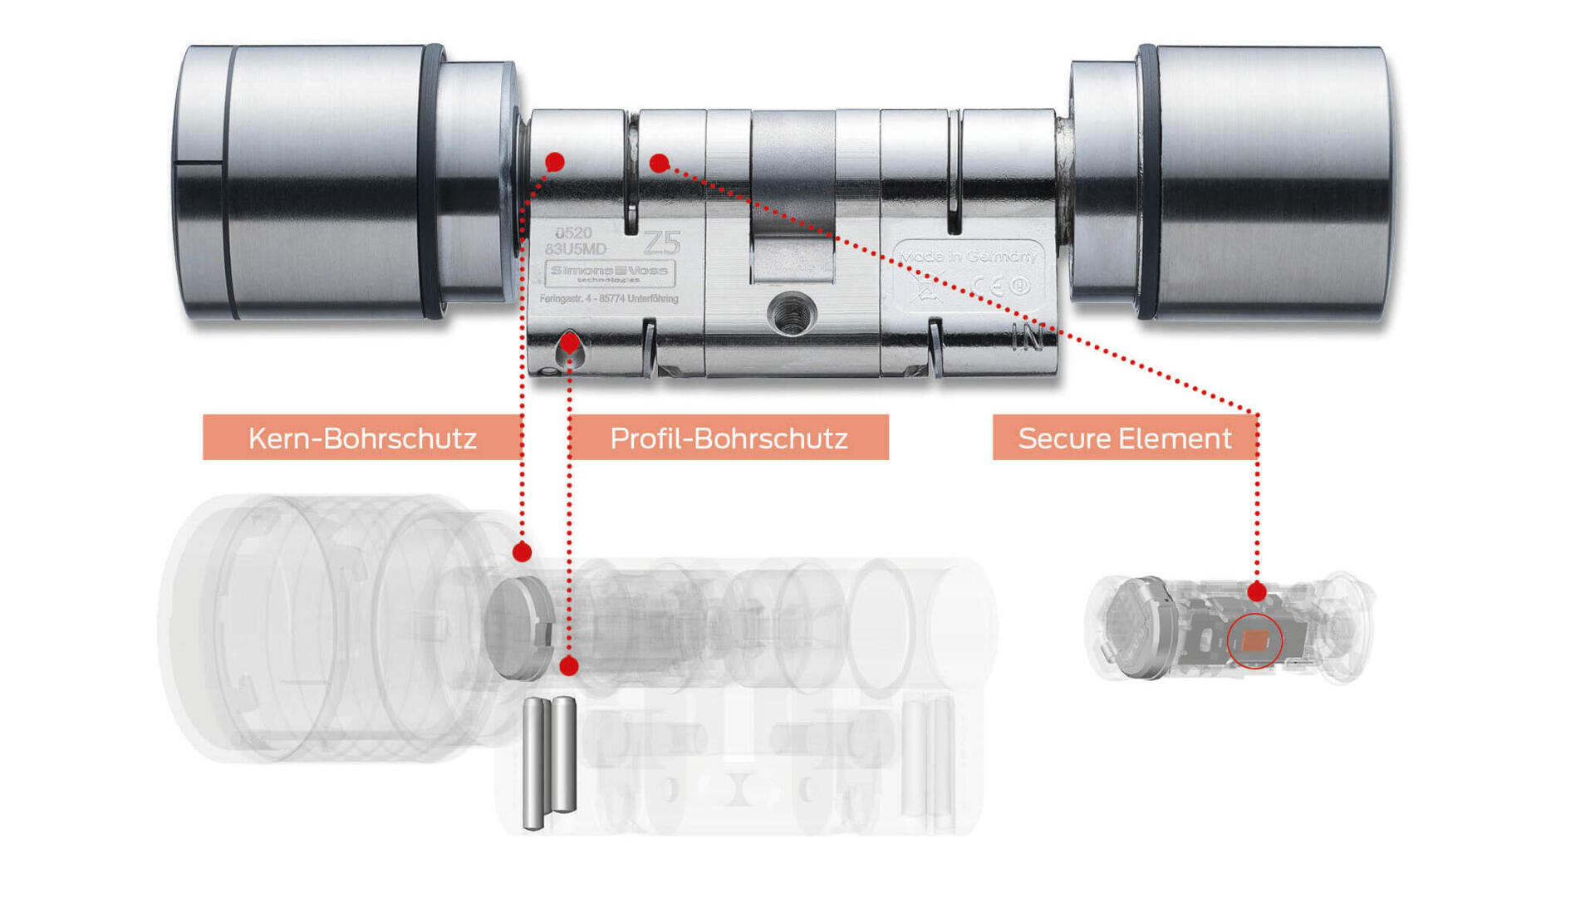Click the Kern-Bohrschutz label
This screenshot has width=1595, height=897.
point(362,438)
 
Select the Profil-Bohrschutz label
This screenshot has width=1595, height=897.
point(729,438)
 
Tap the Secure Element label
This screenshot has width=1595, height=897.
point(1124,438)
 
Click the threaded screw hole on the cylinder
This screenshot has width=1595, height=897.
point(791,314)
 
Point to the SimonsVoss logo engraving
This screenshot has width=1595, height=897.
point(610,272)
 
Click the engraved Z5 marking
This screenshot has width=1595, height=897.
point(662,243)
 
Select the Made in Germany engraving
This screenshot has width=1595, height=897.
point(969,257)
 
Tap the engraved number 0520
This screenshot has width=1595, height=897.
point(573,233)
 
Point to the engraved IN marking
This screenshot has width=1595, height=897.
point(1028,337)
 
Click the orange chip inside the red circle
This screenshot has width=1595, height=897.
point(1254,640)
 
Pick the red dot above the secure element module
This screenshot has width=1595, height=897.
point(1257,592)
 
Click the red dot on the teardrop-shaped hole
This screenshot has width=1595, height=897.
point(569,341)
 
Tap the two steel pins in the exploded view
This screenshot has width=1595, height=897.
point(549,762)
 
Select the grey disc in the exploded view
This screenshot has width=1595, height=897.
point(519,627)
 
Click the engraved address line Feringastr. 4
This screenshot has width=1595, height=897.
point(608,299)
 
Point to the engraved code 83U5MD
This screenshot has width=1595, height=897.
point(576,249)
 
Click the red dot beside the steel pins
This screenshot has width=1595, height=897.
point(569,665)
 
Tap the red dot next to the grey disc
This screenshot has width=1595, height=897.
point(522,551)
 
